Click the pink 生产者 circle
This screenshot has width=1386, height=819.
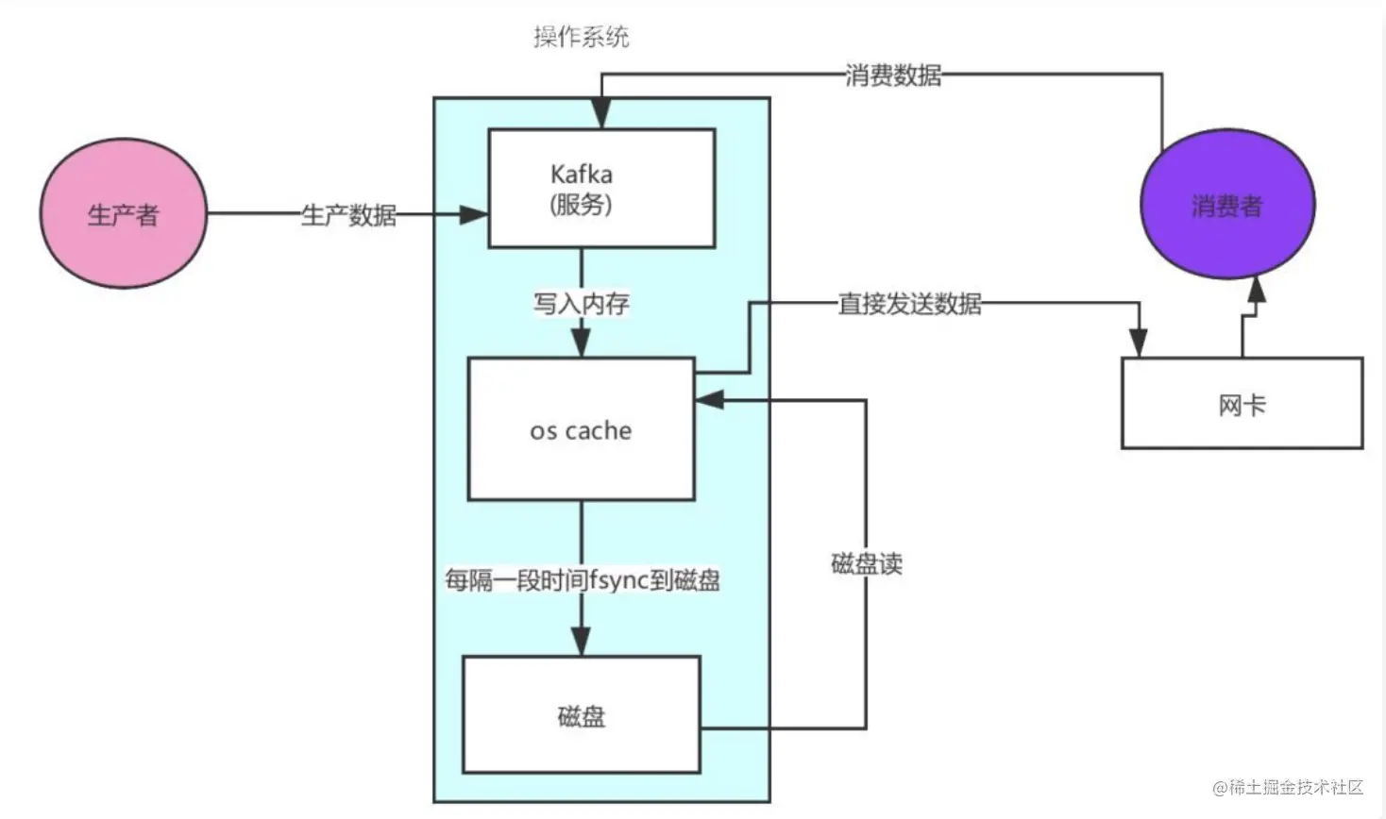tap(123, 214)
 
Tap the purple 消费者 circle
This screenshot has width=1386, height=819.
tap(1226, 206)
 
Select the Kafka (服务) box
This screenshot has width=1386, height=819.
tap(600, 189)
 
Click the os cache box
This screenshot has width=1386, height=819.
tap(581, 430)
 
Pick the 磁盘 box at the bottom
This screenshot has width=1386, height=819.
tap(581, 715)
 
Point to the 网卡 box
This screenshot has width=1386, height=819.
tap(1242, 404)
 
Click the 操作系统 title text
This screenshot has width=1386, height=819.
tap(581, 38)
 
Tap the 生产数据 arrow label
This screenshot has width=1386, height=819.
tap(348, 215)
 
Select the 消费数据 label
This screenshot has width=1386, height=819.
tap(892, 75)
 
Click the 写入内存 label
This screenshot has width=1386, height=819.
tap(581, 304)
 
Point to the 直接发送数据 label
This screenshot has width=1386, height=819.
tap(909, 304)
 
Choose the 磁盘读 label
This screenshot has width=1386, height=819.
tap(866, 564)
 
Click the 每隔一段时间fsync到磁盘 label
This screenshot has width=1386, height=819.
tap(582, 579)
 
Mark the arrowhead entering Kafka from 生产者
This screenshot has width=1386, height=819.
tap(475, 215)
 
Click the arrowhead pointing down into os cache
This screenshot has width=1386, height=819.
tap(582, 343)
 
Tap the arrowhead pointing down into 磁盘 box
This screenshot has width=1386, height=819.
tap(582, 642)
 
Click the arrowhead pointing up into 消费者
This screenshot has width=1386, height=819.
tap(1256, 290)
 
